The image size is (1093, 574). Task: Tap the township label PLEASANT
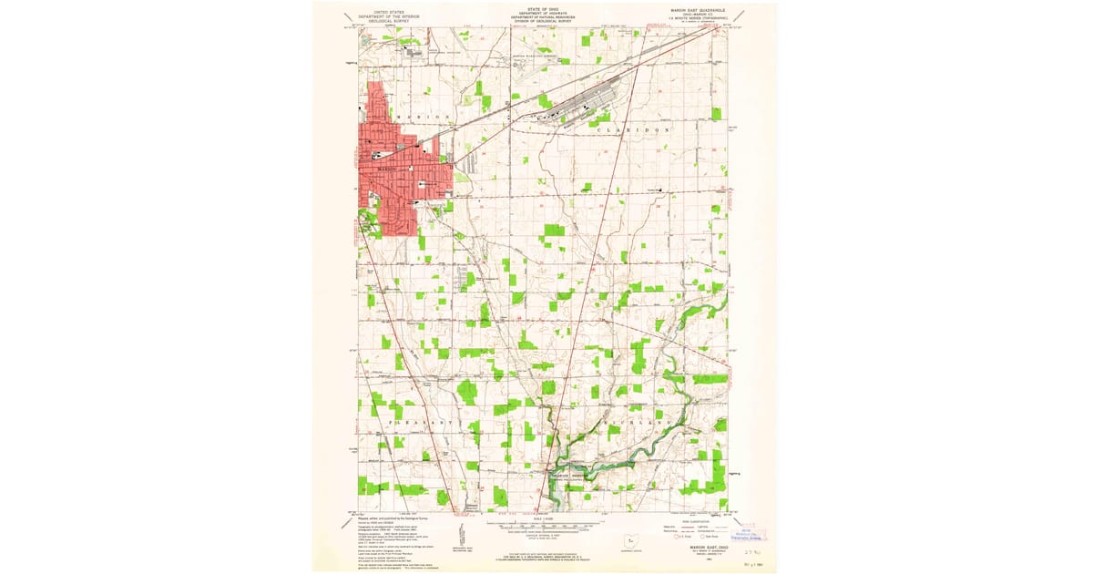[424, 424]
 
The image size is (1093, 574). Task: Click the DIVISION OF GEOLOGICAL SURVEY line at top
[542, 21]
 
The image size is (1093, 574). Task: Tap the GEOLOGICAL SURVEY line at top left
[383, 21]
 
